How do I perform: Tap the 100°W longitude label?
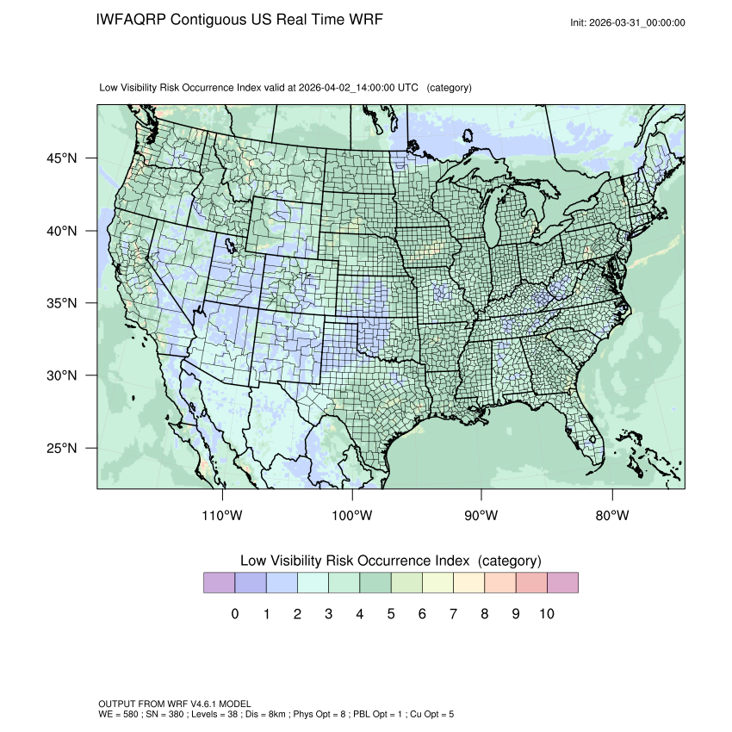point(352,516)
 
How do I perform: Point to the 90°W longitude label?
point(481,516)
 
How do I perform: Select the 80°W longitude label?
point(612,516)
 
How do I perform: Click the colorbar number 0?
point(235,614)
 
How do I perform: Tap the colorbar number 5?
point(391,614)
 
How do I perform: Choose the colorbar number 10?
point(546,614)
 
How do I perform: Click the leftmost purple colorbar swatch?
point(219,583)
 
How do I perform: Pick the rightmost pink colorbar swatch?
point(562,583)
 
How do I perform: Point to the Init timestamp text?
point(628,22)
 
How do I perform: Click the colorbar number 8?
point(484,614)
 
